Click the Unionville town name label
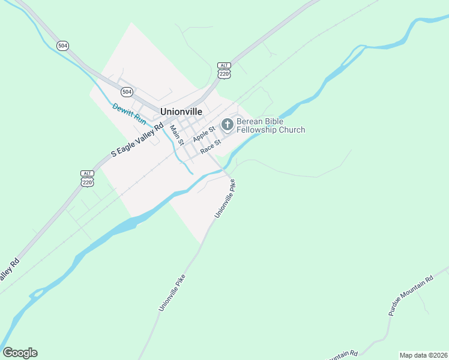[181, 112]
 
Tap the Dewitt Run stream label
[129, 114]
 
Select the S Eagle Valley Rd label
[137, 140]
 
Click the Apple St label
[204, 134]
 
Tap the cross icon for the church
[227, 125]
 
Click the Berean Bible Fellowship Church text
[271, 125]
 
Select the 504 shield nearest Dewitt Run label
[127, 92]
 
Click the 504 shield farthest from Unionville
[63, 46]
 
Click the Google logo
[20, 353]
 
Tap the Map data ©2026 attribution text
[423, 355]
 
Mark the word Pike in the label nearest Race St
[232, 187]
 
